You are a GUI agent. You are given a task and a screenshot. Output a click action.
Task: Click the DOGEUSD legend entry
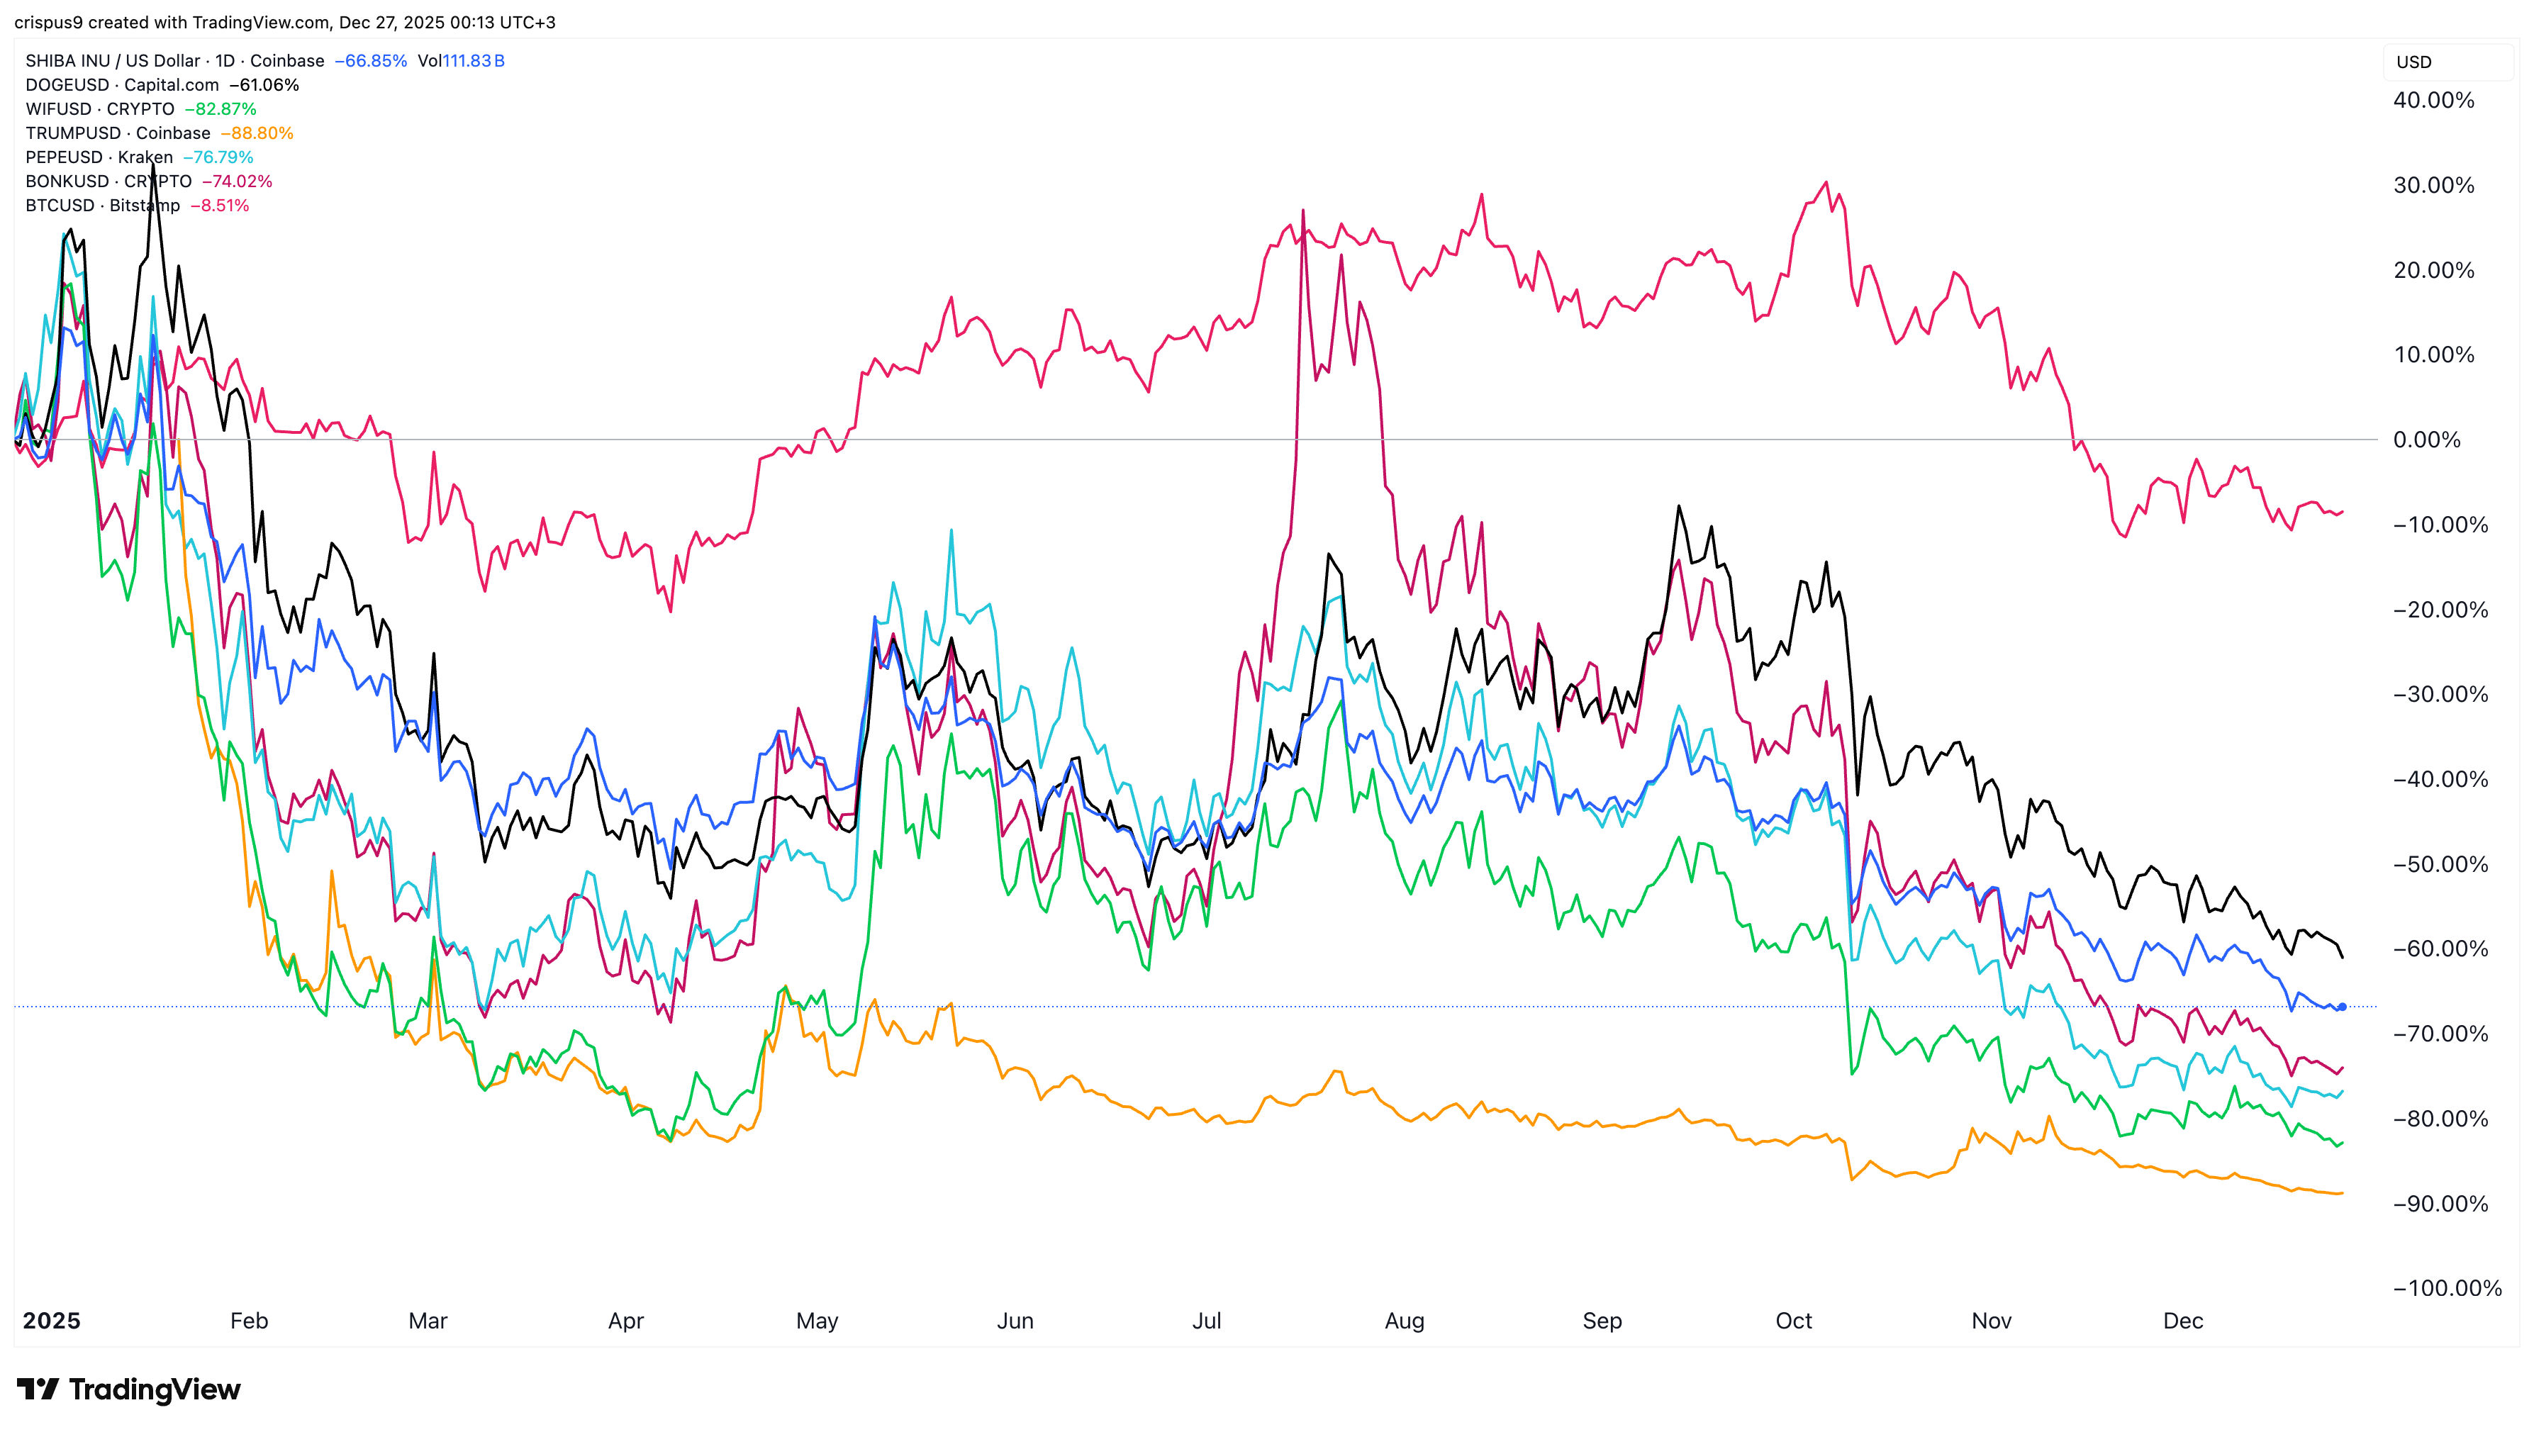122,84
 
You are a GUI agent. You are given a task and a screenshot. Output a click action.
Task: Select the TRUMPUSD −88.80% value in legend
257,133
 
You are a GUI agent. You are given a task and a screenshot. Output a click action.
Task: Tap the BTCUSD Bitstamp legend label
102,206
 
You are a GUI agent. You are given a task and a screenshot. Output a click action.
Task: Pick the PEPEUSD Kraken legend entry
99,157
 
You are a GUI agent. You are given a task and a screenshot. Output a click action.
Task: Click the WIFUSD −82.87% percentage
221,109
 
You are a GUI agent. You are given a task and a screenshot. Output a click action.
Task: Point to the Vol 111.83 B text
460,61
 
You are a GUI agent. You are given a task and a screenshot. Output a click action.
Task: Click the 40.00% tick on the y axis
2433,101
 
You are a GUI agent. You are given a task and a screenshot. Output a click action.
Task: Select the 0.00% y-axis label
2427,440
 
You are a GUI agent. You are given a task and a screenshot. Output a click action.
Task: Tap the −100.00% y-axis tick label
2447,1288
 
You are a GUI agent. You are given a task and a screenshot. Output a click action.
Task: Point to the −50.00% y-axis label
2440,864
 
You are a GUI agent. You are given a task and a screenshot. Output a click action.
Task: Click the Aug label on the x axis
1404,1321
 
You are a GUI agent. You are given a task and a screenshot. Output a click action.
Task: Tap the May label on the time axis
817,1321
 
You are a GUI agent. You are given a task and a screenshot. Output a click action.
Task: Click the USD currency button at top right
2414,62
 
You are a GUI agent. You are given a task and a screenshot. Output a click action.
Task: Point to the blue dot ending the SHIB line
2342,1006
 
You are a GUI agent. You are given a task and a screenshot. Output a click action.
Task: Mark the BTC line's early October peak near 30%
1826,183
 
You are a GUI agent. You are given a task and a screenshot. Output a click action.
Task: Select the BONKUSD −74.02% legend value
237,181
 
